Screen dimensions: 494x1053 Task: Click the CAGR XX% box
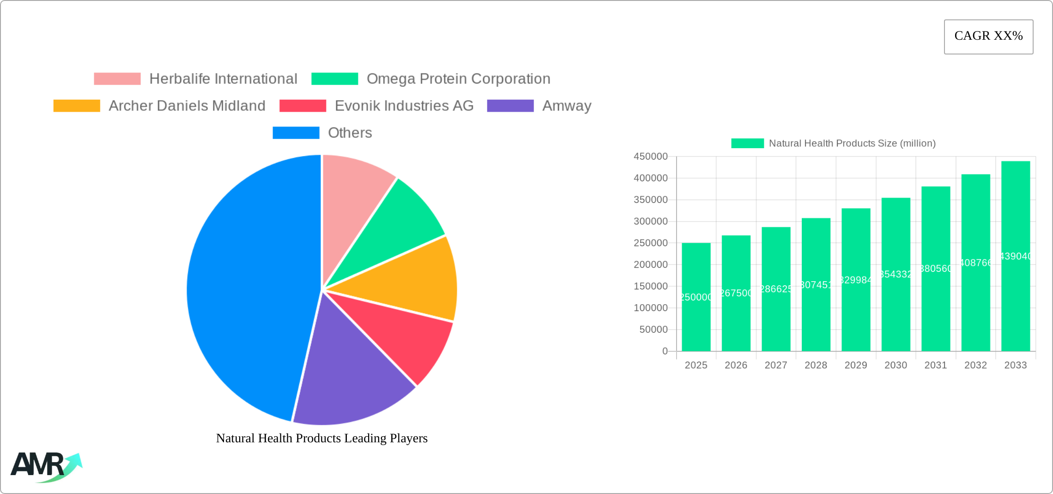(988, 36)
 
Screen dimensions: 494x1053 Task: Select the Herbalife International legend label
(223, 79)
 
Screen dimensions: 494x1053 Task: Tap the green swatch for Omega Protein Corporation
(334, 79)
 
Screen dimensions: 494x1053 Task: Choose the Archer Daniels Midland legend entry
(187, 106)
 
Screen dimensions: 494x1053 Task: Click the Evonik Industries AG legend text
(404, 106)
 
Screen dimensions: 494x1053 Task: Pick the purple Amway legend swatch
(510, 106)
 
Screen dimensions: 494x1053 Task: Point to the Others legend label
(350, 133)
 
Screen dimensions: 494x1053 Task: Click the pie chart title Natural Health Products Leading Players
(321, 438)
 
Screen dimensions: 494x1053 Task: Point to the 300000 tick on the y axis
(650, 222)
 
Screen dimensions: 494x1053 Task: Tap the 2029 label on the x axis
(855, 365)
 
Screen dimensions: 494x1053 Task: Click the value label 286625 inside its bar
(776, 289)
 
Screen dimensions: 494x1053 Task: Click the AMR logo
(45, 466)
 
